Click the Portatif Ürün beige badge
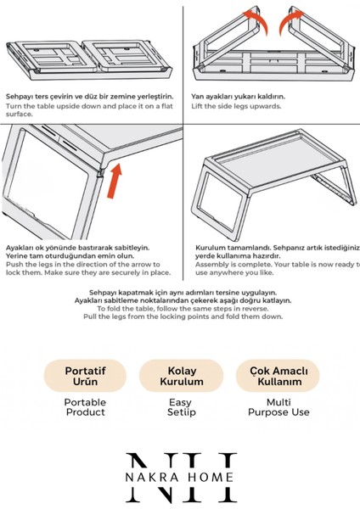point(85,376)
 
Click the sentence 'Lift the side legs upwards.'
point(237,106)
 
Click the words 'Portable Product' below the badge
point(85,406)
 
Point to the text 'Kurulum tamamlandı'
point(221,248)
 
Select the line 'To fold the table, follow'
point(180,309)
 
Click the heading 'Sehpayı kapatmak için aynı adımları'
point(180,292)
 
